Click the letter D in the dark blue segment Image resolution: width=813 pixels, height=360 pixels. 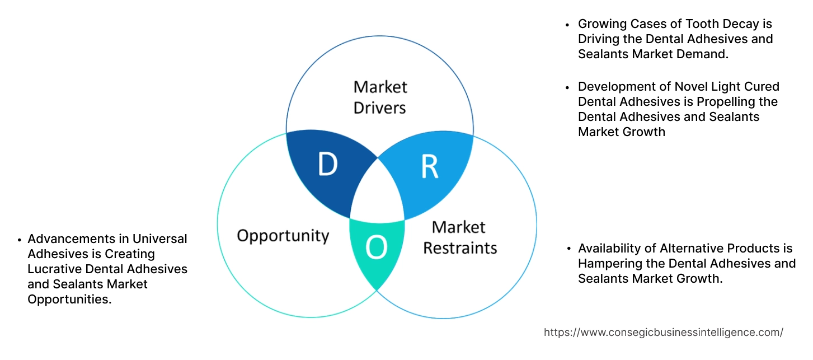(327, 164)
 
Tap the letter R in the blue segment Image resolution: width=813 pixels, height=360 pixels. (429, 166)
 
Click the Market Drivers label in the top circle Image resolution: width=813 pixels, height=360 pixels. (380, 97)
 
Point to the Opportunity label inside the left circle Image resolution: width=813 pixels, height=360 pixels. (283, 235)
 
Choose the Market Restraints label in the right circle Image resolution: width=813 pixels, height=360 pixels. (459, 237)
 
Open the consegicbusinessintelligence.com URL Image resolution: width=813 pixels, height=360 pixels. (663, 332)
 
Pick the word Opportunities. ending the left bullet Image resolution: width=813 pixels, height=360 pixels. (69, 300)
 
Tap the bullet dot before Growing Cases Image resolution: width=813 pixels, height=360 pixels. (567, 25)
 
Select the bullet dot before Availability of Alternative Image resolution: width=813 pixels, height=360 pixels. (567, 249)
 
